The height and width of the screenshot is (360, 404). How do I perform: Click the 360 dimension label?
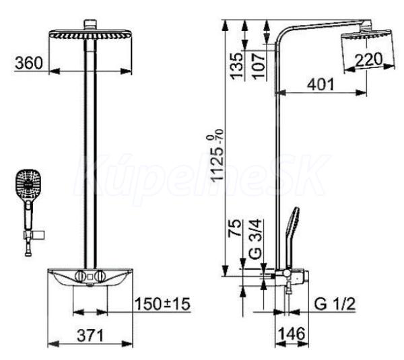tap(28, 63)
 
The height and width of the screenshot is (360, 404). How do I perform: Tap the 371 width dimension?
tap(90, 335)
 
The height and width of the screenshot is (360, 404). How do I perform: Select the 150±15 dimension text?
tap(162, 304)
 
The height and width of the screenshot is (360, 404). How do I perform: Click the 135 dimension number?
tap(237, 66)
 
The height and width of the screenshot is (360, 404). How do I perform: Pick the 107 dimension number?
tap(259, 66)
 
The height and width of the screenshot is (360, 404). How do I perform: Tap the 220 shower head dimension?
tap(369, 59)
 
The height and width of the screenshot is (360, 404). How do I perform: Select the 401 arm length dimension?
tap(321, 84)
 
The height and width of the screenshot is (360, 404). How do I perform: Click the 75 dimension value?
tap(236, 227)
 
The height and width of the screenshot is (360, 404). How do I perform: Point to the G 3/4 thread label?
tap(256, 240)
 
